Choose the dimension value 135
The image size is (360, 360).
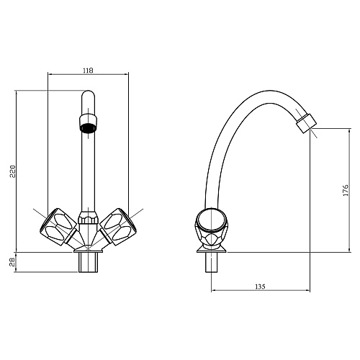(x=260, y=286)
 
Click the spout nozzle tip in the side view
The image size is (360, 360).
(x=307, y=123)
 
